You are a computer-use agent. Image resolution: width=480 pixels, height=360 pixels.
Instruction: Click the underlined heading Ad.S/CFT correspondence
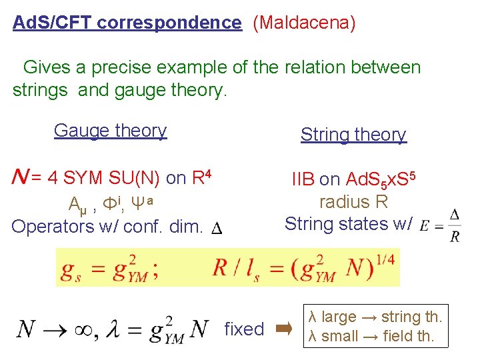pyautogui.click(x=127, y=23)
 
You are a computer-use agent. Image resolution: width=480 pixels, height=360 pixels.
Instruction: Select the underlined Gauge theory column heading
pyautogui.click(x=110, y=131)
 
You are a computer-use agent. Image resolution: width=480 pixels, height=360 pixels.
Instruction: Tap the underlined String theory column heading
pyautogui.click(x=353, y=135)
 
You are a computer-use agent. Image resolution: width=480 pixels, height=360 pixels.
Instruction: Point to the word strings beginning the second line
pyautogui.click(x=40, y=90)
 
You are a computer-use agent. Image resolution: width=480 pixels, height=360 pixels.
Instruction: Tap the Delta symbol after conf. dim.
pyautogui.click(x=217, y=229)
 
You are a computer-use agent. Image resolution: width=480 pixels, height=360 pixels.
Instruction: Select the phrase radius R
pyautogui.click(x=353, y=201)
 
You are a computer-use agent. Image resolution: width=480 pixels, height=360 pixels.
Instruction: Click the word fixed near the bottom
pyautogui.click(x=245, y=329)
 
